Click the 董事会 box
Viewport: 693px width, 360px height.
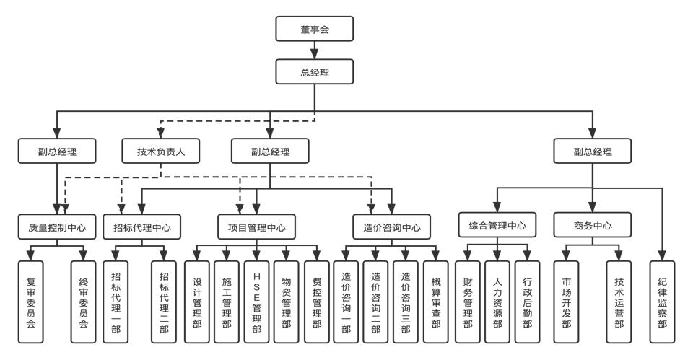point(315,30)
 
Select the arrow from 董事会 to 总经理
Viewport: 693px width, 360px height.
point(315,50)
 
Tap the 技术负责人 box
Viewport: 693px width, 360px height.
point(161,152)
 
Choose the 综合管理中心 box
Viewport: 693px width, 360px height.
point(497,225)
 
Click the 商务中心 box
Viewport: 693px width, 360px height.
point(593,225)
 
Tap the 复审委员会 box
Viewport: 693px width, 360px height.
point(30,300)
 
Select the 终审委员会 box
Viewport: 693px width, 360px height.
point(84,300)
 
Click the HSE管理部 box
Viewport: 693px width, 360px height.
point(256,302)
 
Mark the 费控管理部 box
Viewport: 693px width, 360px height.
point(316,302)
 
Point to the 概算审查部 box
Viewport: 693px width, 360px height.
point(435,302)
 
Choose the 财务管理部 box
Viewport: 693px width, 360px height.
point(468,300)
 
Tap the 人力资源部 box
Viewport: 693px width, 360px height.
point(497,300)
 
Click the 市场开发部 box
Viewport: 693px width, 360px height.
point(566,300)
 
